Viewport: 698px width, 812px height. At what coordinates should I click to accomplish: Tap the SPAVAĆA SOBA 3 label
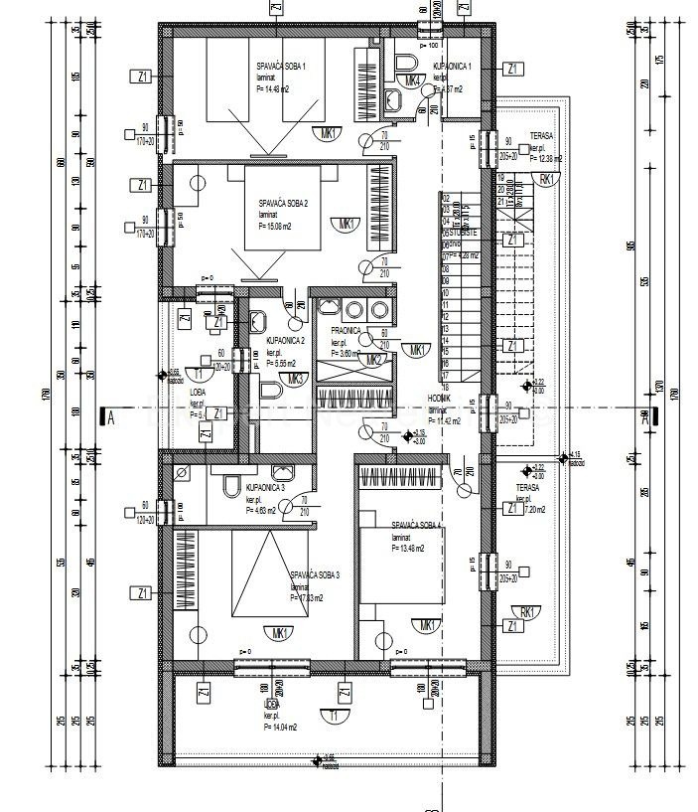point(315,574)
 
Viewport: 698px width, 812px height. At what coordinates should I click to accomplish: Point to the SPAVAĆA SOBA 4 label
point(417,524)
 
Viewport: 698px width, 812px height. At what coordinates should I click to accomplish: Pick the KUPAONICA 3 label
point(266,488)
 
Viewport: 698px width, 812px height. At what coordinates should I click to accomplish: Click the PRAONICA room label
point(336,331)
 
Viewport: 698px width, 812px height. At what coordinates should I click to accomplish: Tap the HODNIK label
point(440,397)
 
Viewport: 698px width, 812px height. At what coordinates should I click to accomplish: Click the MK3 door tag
point(295,379)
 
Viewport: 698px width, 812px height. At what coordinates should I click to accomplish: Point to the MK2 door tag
point(374,360)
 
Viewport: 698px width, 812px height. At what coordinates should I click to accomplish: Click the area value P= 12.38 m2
point(546,158)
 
